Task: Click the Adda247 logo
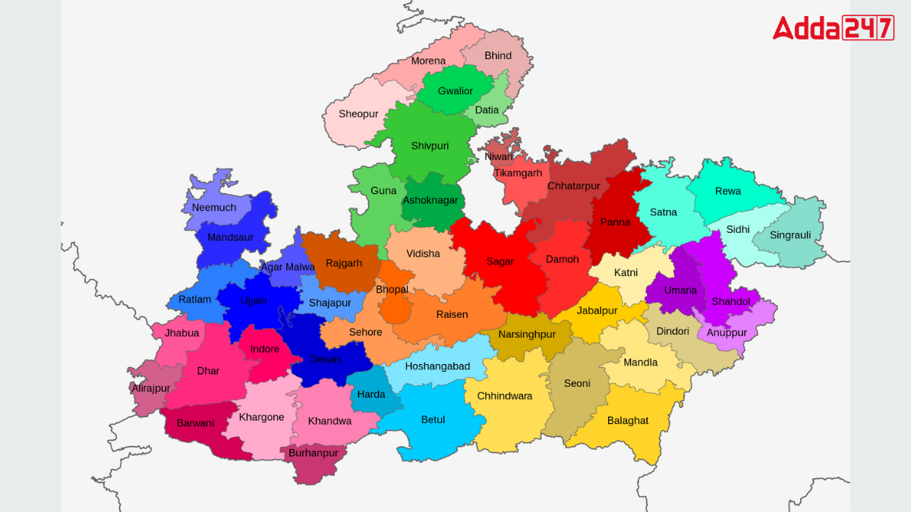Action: [x=833, y=28]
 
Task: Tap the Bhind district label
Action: [x=498, y=55]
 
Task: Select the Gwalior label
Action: [x=455, y=91]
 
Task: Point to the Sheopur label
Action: [x=358, y=114]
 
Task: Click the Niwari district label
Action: [x=499, y=157]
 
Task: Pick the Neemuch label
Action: [x=214, y=207]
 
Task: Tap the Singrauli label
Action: [x=790, y=235]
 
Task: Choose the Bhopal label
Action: [x=392, y=289]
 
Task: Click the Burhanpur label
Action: [x=313, y=453]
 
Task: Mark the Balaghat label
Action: [x=628, y=420]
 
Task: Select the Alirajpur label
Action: [x=151, y=388]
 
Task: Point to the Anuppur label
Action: [x=727, y=332]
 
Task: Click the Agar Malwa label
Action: [x=288, y=267]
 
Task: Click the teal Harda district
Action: [x=372, y=394]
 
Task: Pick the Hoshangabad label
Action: [x=437, y=366]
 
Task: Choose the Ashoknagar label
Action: [x=430, y=200]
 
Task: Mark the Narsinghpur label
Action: [x=527, y=335]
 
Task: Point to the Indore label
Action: [x=265, y=350]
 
